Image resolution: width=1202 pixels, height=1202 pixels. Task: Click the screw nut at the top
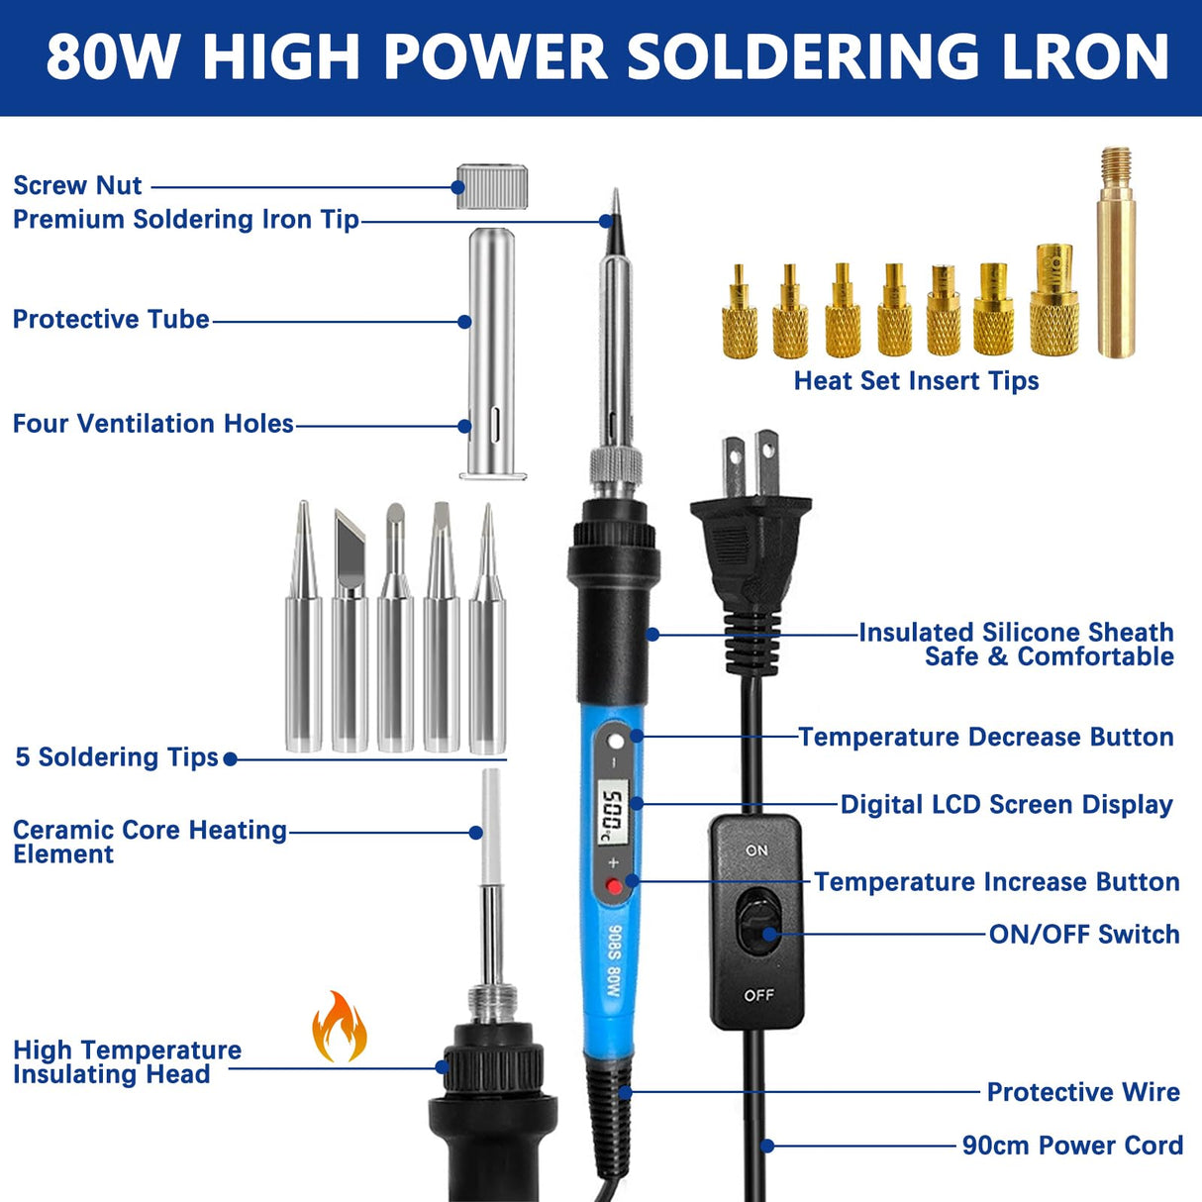[491, 186]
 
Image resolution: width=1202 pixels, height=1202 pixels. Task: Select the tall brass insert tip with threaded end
[1116, 252]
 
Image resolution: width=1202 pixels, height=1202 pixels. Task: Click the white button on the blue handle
[616, 742]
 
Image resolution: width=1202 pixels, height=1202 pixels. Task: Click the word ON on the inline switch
[756, 851]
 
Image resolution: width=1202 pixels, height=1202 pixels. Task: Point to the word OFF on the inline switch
[758, 995]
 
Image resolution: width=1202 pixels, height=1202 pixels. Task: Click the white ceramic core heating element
[490, 827]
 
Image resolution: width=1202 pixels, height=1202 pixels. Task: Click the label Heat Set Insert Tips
[916, 381]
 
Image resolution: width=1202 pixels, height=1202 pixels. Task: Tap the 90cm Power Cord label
[1072, 1146]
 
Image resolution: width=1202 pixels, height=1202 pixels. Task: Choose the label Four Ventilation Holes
[152, 424]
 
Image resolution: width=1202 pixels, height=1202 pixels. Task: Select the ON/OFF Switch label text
[1084, 935]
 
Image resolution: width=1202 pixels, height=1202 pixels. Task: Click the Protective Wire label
[1083, 1092]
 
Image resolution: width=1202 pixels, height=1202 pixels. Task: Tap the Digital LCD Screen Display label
[1006, 805]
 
